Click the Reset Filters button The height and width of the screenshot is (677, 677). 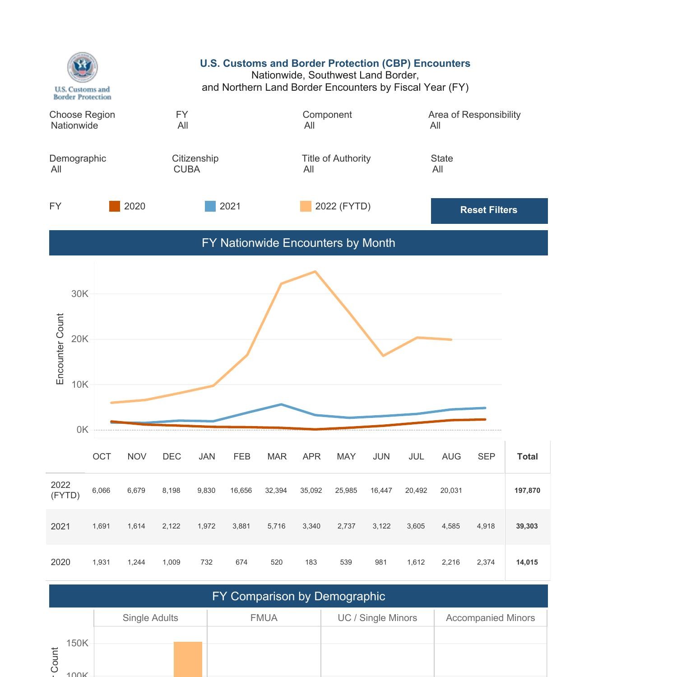(489, 210)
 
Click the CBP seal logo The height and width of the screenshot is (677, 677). (82, 67)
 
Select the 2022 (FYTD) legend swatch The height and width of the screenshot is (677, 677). (306, 206)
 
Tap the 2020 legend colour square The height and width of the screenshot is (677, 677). (115, 206)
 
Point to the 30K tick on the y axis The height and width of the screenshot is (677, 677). (80, 294)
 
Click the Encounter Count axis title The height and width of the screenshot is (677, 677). (60, 349)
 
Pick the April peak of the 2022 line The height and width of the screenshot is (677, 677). (315, 272)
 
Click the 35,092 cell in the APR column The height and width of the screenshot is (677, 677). (311, 491)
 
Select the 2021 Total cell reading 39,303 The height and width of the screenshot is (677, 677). (527, 526)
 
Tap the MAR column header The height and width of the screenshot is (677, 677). (277, 457)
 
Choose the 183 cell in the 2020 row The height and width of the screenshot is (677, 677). (311, 562)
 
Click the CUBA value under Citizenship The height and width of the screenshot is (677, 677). (187, 170)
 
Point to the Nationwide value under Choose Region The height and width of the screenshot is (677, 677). (74, 126)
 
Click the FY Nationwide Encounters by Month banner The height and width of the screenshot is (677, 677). (298, 243)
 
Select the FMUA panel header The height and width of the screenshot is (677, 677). (264, 618)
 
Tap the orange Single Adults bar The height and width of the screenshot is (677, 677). (188, 659)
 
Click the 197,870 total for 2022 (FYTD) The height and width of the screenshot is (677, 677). (527, 491)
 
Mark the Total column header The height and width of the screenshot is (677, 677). (527, 457)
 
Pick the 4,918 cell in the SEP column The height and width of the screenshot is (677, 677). (486, 526)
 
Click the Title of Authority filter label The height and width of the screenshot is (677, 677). (336, 158)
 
